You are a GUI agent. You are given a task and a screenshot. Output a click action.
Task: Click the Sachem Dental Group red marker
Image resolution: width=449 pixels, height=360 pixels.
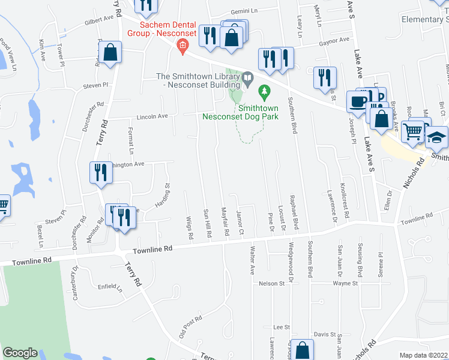183,49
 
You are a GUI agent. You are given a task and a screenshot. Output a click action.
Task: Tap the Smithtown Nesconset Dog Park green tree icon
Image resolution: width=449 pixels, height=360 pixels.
262,92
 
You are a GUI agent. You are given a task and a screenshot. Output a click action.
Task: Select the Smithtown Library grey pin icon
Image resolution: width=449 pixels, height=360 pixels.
247,77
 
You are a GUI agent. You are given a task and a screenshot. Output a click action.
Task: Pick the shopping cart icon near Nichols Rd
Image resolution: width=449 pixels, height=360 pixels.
412,130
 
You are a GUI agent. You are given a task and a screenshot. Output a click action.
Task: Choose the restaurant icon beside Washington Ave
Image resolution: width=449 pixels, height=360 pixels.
100,172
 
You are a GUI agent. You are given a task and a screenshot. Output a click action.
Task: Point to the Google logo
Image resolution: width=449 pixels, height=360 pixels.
20,353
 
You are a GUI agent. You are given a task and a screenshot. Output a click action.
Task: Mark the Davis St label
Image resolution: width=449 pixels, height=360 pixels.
324,334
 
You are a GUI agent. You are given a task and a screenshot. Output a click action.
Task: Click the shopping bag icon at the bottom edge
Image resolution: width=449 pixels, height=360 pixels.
304,350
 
